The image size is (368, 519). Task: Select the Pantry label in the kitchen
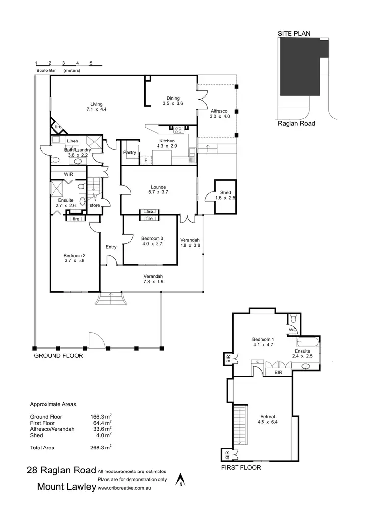coord(130,153)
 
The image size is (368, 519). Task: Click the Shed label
coord(226,195)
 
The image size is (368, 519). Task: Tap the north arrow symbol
coord(181,479)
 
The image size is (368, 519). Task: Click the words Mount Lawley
coord(66,487)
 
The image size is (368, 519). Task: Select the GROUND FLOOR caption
coord(58,356)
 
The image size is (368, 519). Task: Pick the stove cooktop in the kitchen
coord(179,130)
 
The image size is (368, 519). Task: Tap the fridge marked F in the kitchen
coord(146,160)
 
